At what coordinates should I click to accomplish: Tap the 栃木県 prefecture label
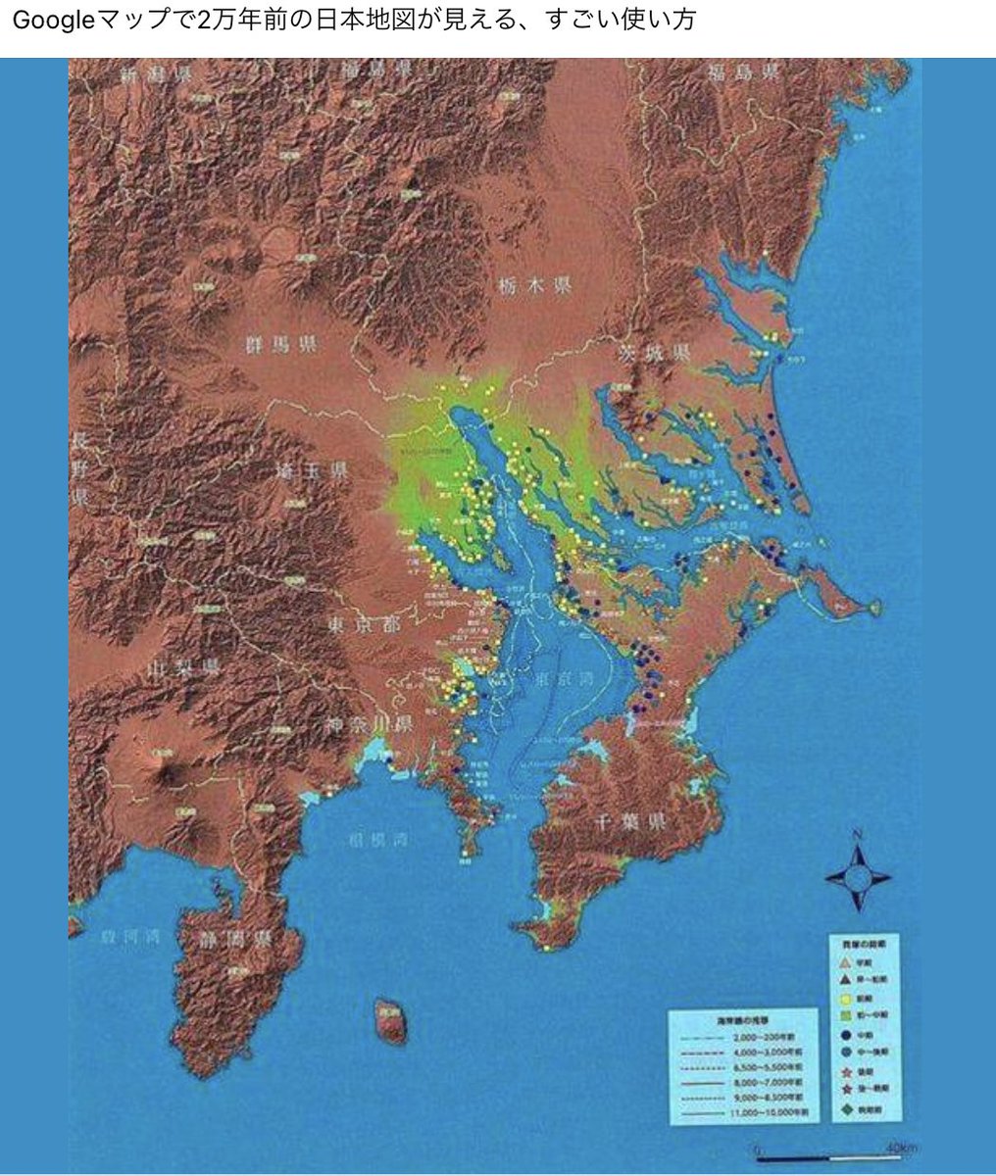point(534,287)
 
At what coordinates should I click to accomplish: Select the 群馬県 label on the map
point(280,344)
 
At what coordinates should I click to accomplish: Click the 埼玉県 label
point(312,471)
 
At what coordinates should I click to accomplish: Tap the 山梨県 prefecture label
point(182,668)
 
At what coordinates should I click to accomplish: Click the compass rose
point(858,876)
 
